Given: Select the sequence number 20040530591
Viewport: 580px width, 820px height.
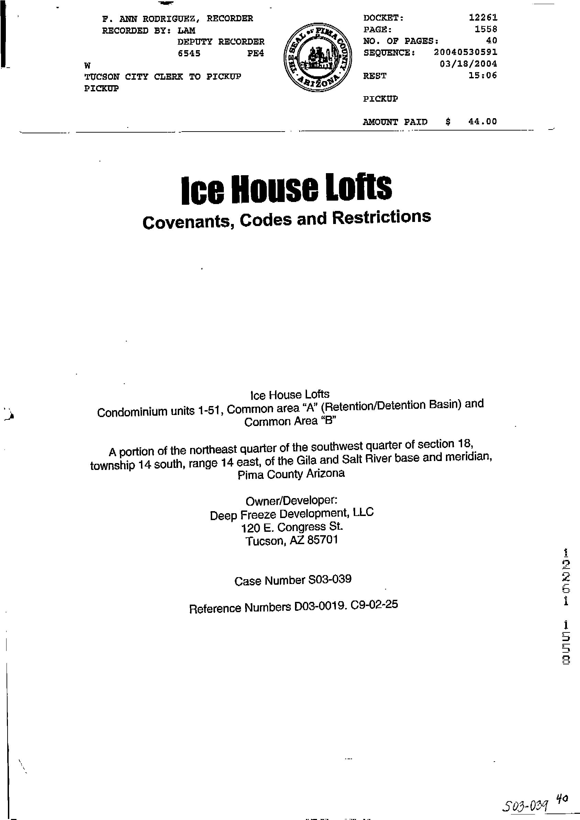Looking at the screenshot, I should point(465,52).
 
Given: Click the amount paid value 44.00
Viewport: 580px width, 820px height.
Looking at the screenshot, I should point(482,121).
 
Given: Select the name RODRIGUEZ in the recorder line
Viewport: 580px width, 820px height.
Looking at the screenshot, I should point(166,19).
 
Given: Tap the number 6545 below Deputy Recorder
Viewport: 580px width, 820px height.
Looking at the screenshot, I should point(189,54).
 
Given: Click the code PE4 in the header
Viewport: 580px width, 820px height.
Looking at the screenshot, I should point(255,54).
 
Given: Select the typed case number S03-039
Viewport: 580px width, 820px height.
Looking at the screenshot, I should point(329,579).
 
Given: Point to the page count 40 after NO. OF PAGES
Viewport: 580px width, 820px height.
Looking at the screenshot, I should point(492,41).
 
